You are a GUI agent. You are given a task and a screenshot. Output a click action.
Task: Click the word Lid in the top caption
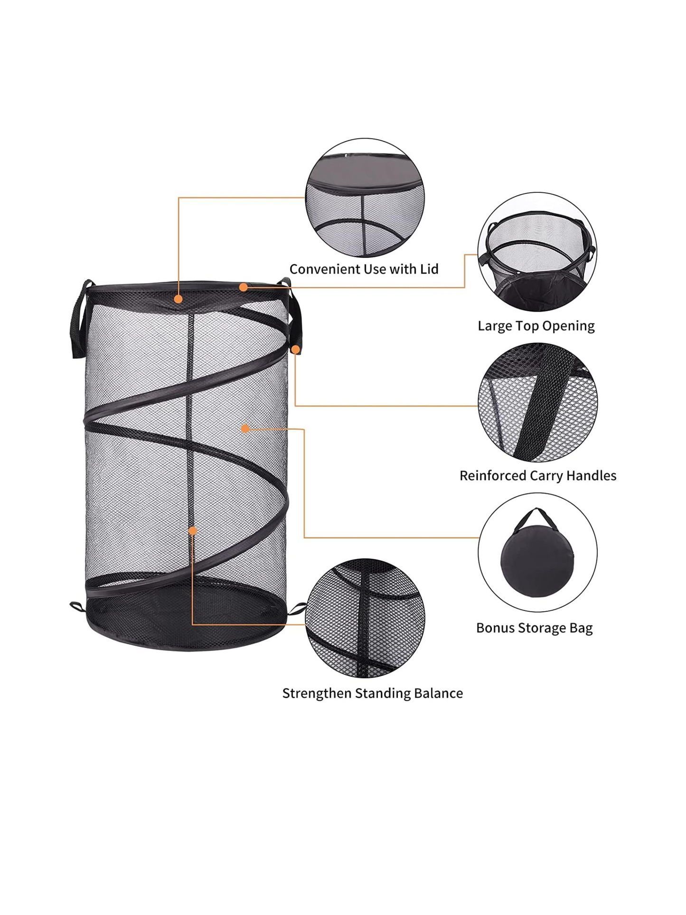429,269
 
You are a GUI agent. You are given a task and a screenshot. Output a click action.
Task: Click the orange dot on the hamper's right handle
295,349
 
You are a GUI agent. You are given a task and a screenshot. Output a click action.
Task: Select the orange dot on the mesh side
245,428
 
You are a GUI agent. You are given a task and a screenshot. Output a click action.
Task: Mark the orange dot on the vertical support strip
192,530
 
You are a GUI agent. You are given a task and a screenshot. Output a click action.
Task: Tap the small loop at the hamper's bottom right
298,608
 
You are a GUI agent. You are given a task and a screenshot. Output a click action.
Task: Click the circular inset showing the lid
365,198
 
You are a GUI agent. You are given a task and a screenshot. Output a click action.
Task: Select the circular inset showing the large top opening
537,252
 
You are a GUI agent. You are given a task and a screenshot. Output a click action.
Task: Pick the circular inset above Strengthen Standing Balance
365,618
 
